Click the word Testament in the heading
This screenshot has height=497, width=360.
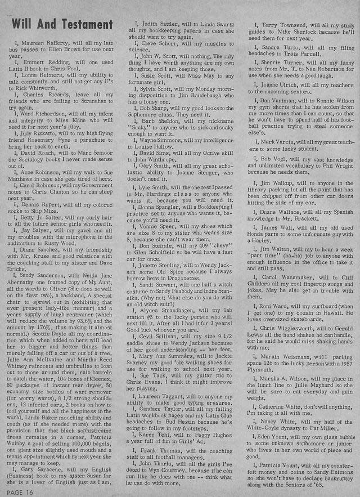point(84,24)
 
